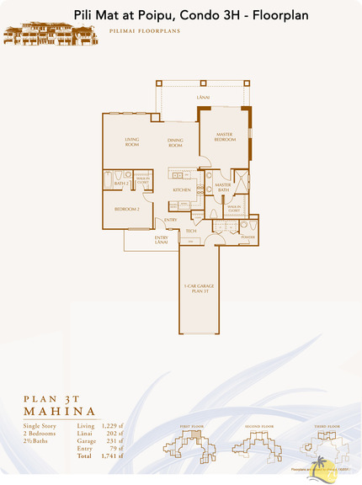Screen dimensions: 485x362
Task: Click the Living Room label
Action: (x=132, y=141)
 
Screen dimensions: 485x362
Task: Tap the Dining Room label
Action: (x=175, y=143)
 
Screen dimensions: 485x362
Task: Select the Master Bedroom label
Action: (x=224, y=137)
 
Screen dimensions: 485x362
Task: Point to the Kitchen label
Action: (x=183, y=190)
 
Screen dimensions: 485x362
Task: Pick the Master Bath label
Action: (x=223, y=187)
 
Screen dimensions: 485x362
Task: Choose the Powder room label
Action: (x=248, y=237)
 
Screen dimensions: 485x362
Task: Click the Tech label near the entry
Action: (x=191, y=231)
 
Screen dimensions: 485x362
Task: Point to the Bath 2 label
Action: (x=120, y=183)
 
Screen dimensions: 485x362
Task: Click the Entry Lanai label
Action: (x=162, y=240)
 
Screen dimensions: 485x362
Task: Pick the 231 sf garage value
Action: (x=114, y=440)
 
